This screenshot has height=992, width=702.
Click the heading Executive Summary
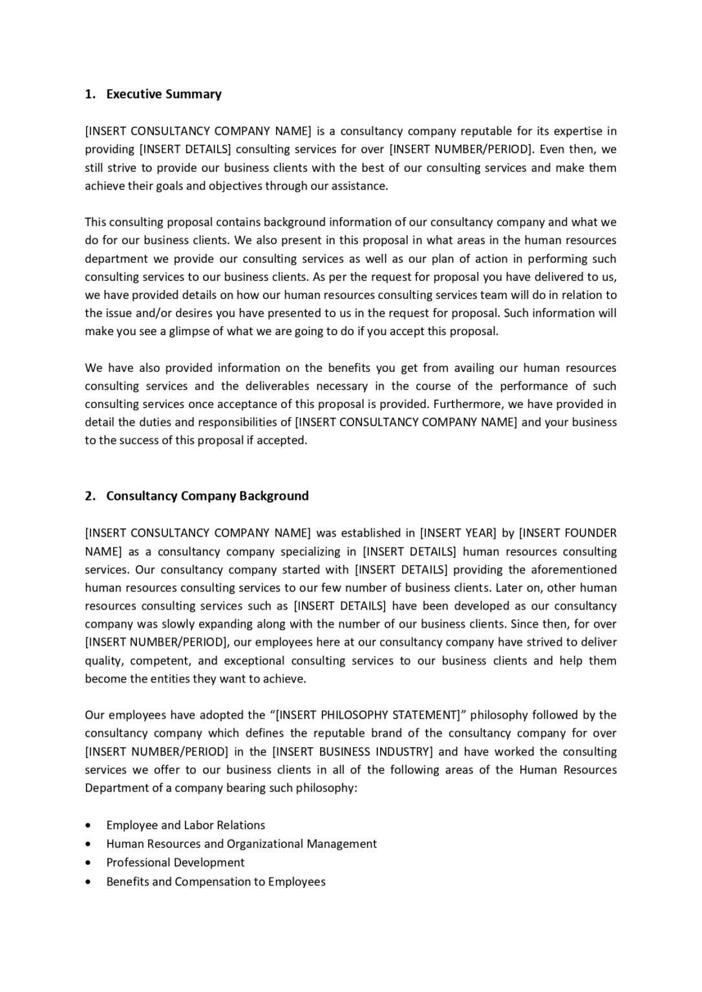[164, 94]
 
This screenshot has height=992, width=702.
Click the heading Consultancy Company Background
[207, 496]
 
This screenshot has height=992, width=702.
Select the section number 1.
[90, 94]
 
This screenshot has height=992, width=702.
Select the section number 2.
[90, 496]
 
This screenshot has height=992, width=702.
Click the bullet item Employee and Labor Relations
[186, 825]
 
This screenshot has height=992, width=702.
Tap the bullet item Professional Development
[175, 863]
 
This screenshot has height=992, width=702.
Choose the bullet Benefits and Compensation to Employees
[216, 882]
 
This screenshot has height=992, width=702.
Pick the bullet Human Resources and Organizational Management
[241, 844]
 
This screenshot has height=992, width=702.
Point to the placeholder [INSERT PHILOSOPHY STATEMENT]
[367, 715]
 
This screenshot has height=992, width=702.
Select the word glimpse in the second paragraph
[191, 331]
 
